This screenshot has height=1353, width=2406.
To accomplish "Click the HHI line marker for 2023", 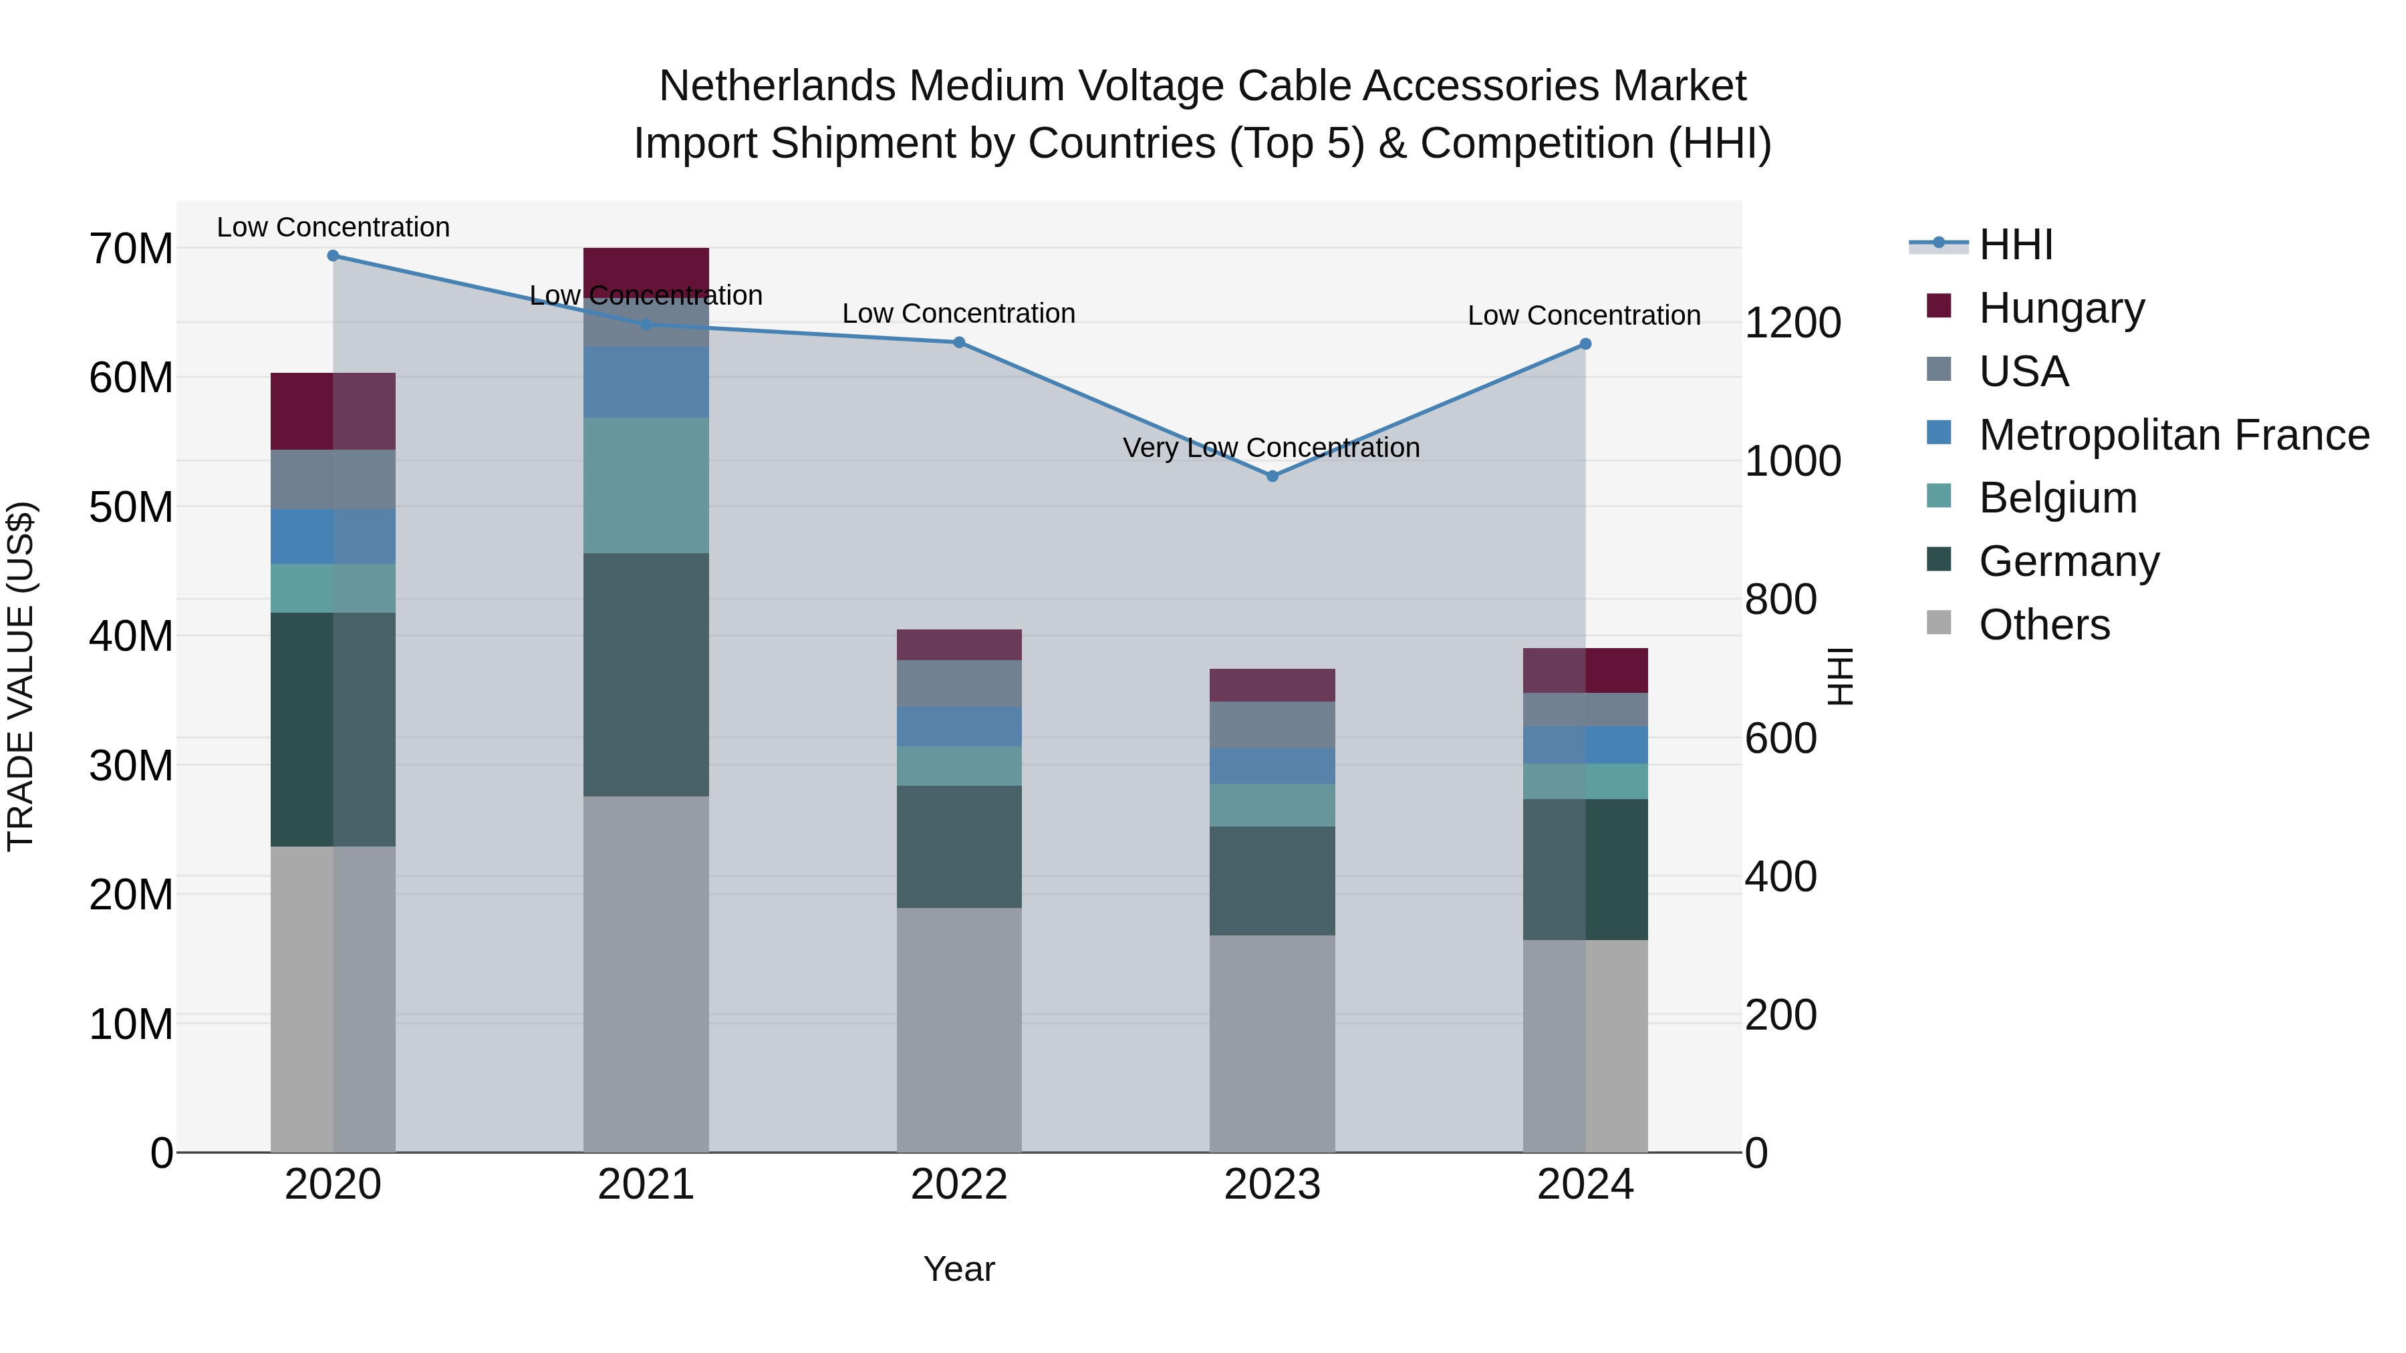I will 1271,476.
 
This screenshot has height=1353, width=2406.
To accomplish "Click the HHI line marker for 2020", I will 333,256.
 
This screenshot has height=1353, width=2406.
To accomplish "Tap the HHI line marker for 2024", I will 1585,345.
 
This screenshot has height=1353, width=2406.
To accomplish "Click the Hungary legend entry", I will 2060,308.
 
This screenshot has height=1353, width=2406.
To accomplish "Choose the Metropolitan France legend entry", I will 2173,435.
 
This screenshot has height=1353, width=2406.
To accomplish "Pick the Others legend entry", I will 2044,625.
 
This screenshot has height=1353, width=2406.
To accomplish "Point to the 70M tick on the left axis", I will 131,249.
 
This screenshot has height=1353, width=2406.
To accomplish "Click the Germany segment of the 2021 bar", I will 646,674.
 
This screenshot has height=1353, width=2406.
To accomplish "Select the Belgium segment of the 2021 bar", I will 646,486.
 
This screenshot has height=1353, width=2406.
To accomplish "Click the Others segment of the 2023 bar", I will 1271,1043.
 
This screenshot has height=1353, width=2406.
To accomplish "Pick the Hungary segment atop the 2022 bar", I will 958,645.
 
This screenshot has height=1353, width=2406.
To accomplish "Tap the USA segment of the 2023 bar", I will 1271,726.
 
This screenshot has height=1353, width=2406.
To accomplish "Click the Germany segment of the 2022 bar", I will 958,847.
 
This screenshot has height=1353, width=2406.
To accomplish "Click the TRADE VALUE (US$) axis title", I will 21,677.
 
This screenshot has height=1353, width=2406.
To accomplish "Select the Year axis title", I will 958,1270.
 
